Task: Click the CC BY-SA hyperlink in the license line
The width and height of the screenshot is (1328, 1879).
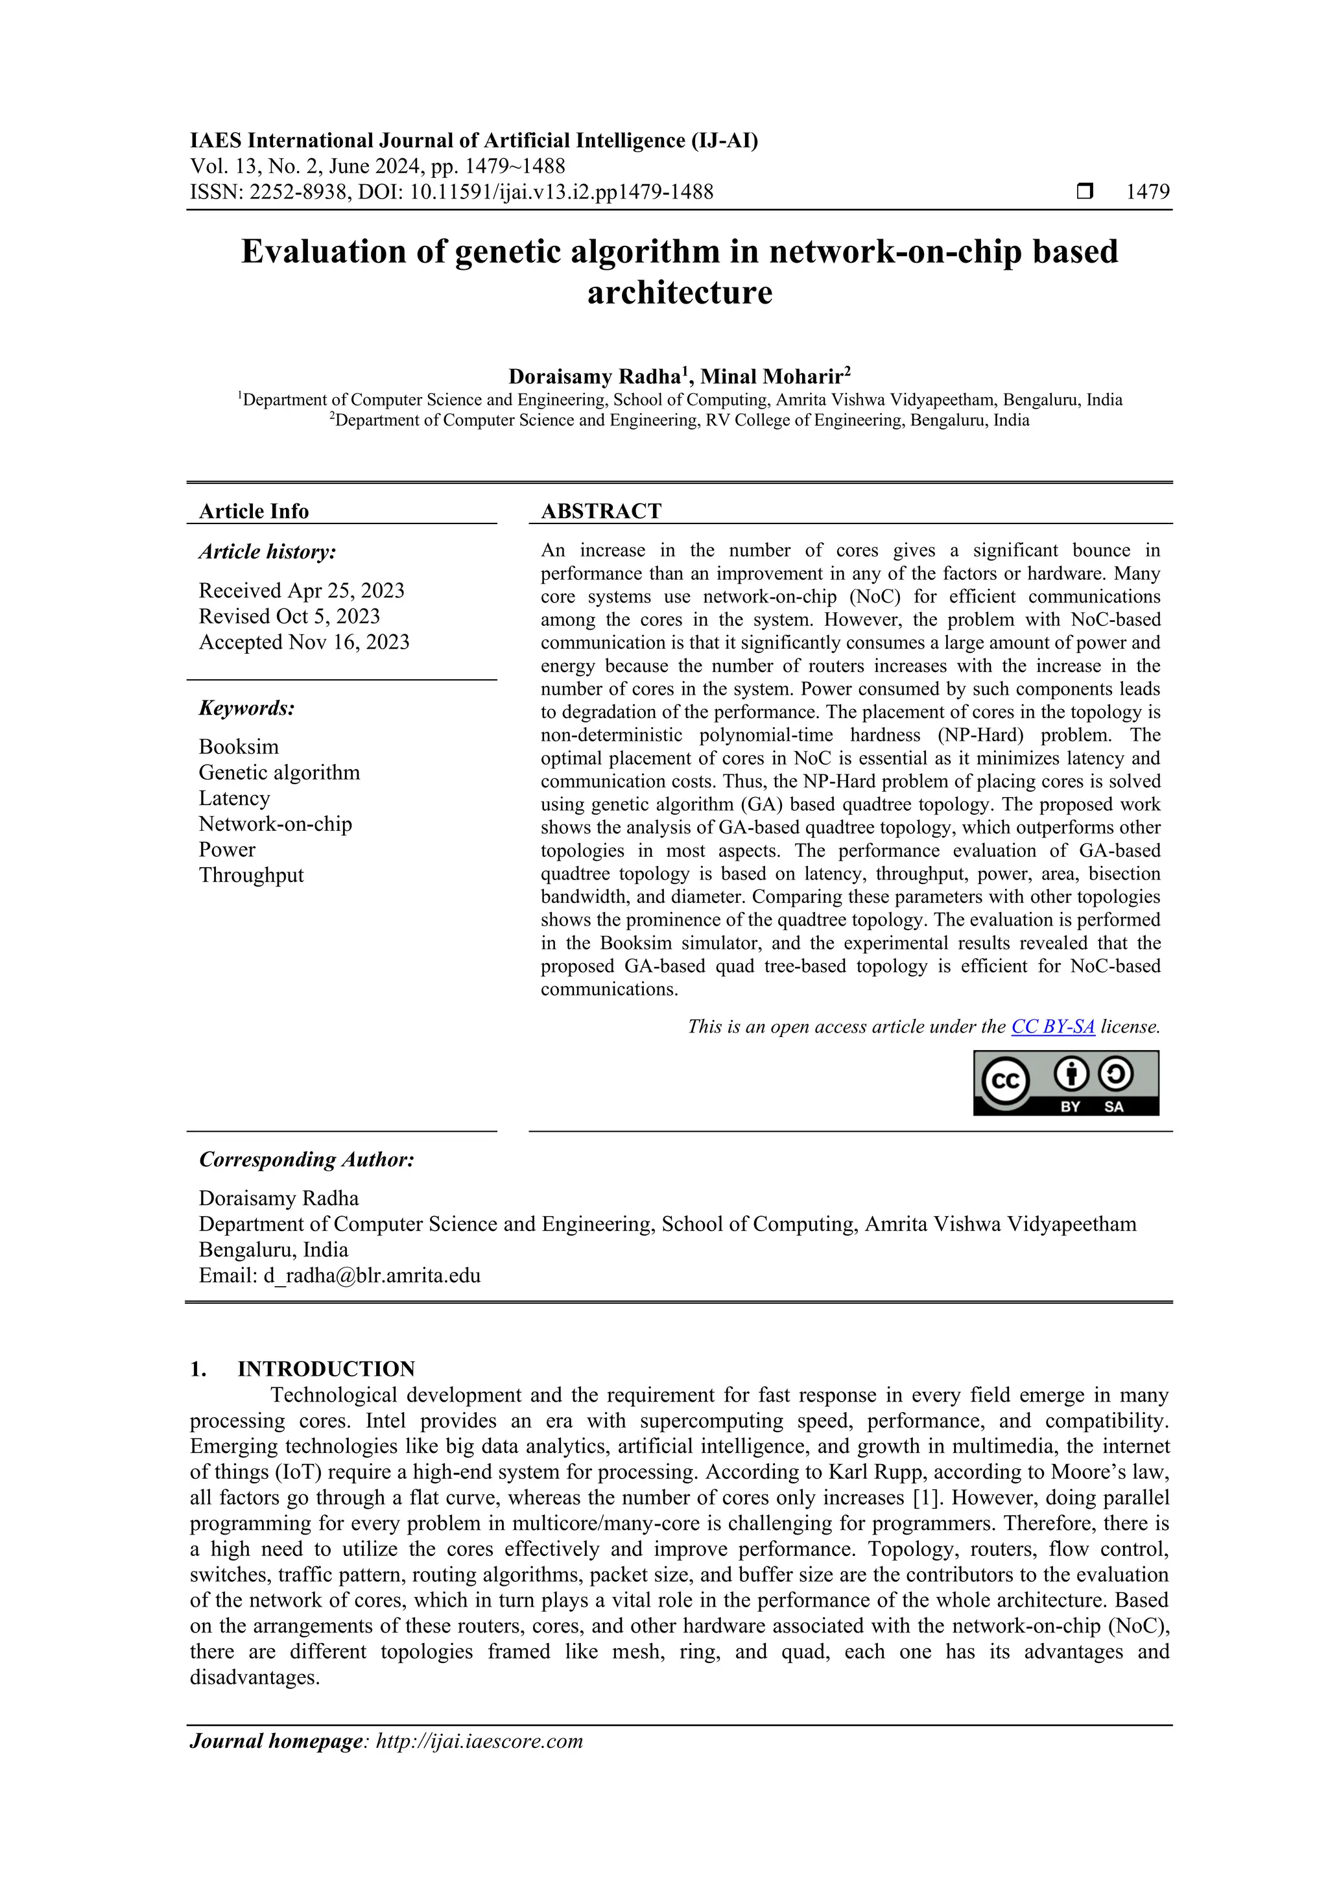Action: (1052, 1026)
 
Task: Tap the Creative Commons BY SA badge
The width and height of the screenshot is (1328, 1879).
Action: (1065, 1083)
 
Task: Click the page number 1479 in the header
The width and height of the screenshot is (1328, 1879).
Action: (1147, 193)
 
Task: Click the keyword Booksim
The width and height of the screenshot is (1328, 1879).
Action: (238, 747)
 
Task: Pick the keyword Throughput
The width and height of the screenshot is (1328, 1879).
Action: (250, 875)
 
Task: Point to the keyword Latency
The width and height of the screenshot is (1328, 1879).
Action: (234, 798)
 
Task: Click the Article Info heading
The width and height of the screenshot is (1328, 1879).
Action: (254, 512)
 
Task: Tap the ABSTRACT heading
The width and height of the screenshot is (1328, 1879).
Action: (600, 512)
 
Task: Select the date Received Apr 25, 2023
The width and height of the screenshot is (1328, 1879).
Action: (301, 591)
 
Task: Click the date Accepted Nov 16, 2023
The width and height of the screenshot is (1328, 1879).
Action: (303, 642)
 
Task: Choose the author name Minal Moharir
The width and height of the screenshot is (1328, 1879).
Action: (772, 376)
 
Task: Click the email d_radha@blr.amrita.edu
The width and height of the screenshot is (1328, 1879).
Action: (371, 1275)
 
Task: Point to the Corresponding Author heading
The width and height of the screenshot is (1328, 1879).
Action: (306, 1160)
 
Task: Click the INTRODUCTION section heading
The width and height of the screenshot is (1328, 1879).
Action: (326, 1369)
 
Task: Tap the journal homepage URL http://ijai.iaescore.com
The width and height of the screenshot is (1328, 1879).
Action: (479, 1764)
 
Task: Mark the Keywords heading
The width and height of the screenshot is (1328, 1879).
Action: (246, 708)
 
